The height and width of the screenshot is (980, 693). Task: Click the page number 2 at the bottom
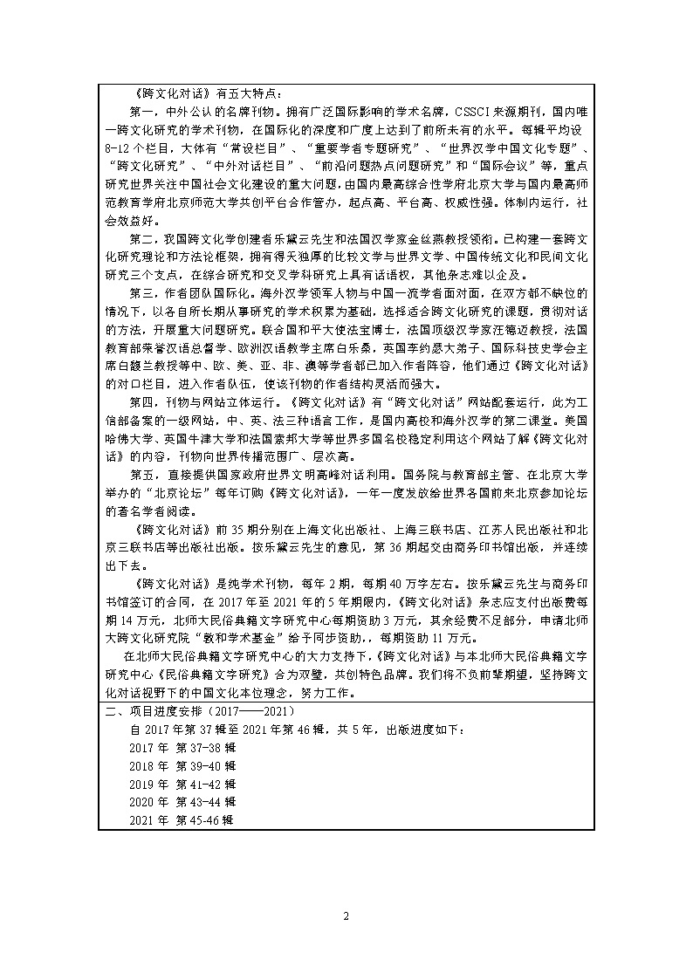coord(346,915)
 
